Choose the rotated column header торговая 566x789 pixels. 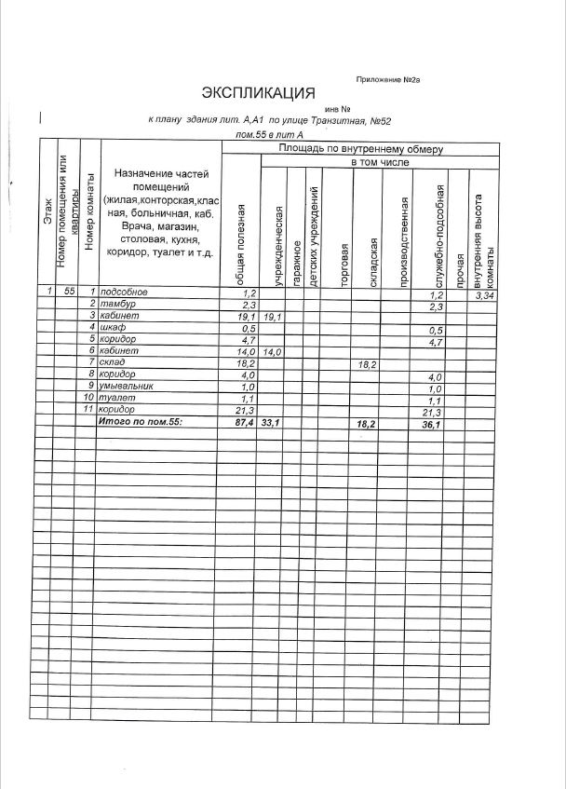[344, 265]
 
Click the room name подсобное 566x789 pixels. [124, 292]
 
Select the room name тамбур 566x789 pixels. [118, 305]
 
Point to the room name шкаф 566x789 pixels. [115, 328]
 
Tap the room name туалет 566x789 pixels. [117, 399]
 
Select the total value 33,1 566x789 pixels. [272, 423]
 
